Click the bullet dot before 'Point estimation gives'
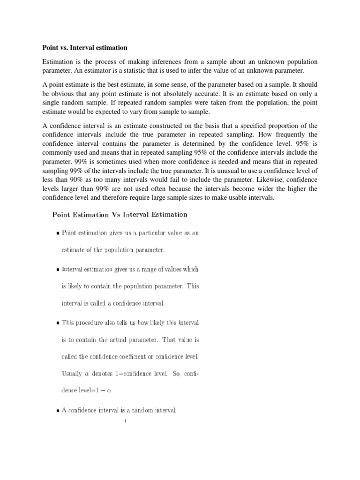click(x=57, y=234)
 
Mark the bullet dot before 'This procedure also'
click(x=57, y=323)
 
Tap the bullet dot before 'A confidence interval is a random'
click(x=57, y=411)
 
